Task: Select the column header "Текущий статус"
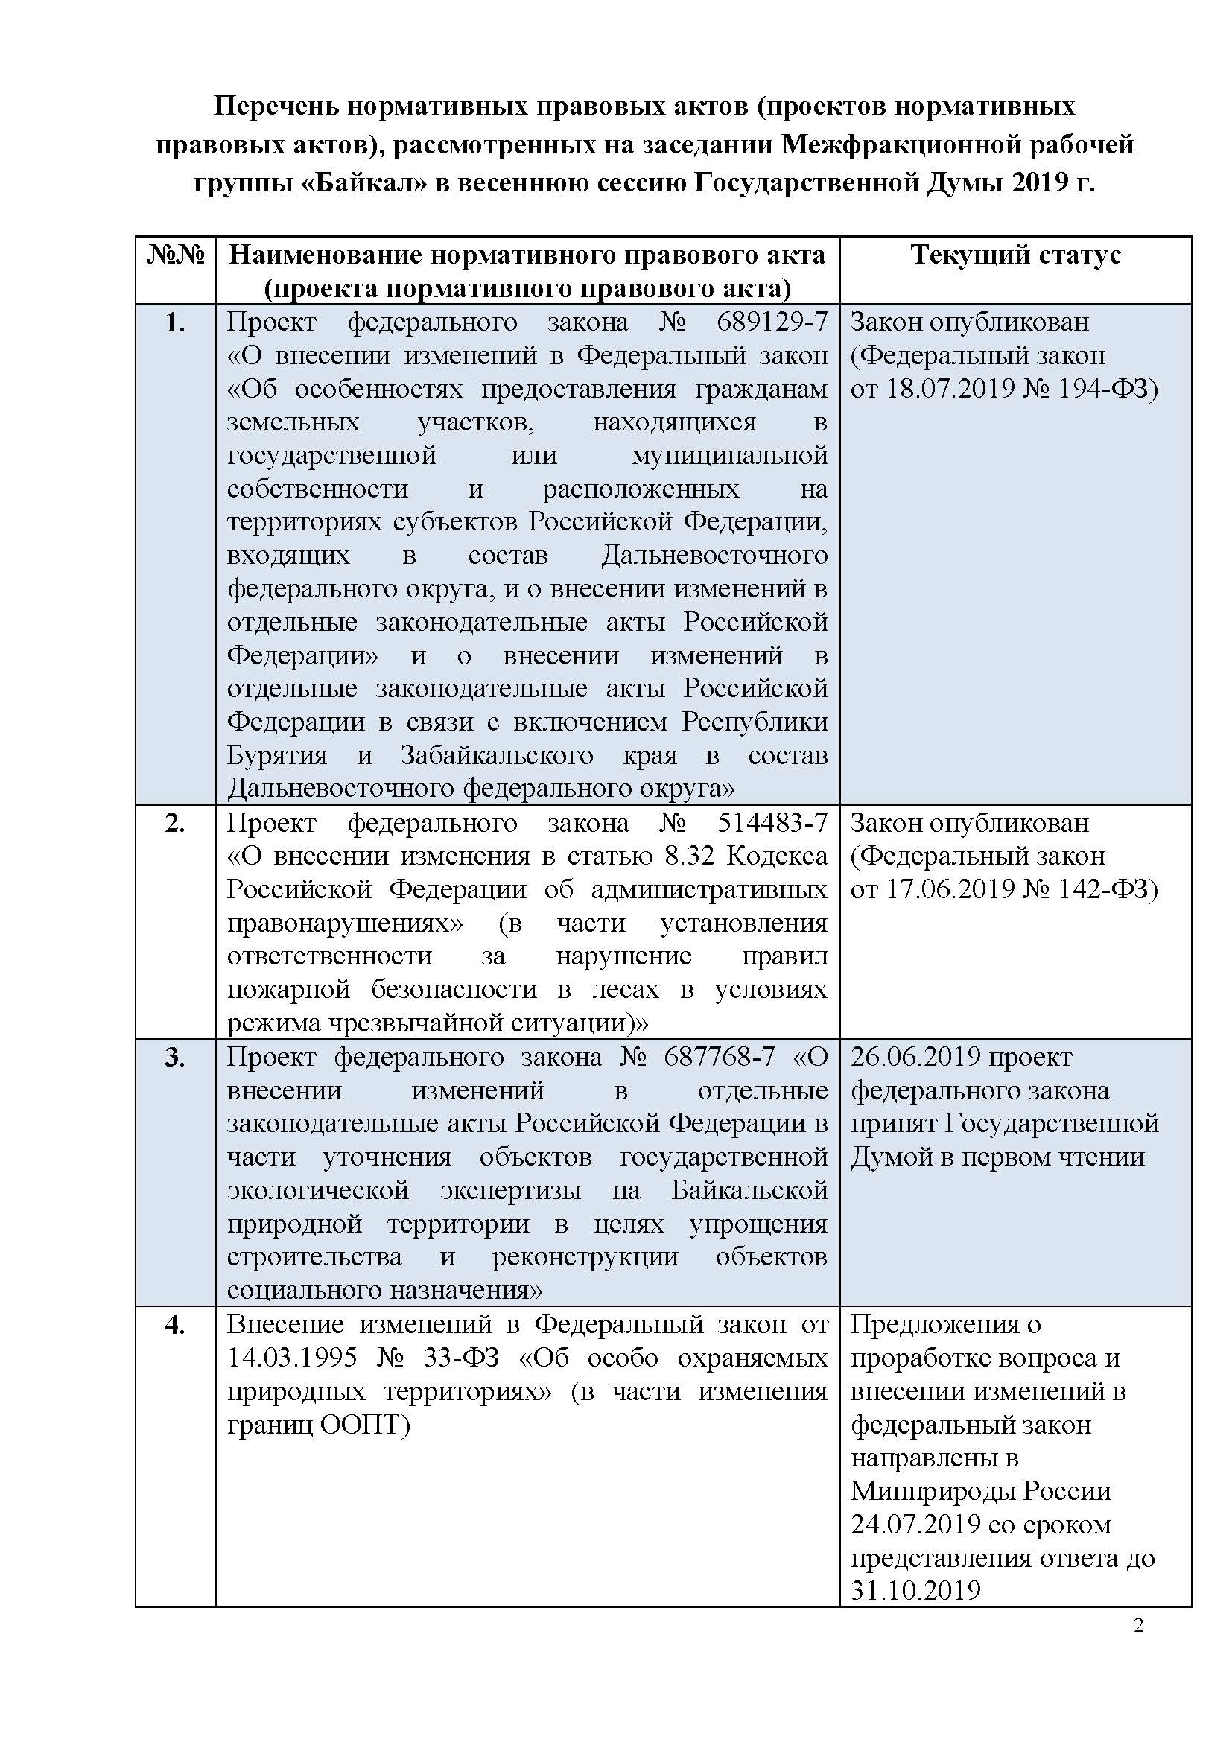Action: coord(1015,255)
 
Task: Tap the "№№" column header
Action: coord(175,255)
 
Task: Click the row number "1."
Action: coord(175,323)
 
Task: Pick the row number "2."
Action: coord(175,823)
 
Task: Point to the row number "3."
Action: coord(175,1057)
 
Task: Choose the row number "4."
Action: coord(175,1325)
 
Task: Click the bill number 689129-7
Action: coord(772,322)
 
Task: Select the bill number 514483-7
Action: coord(772,822)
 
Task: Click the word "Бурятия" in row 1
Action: coord(277,756)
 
